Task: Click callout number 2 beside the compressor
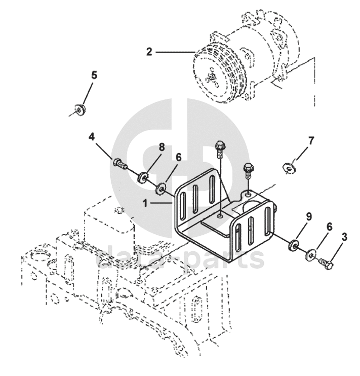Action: click(149, 51)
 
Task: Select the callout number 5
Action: click(94, 75)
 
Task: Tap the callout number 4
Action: click(91, 136)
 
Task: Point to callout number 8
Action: click(162, 147)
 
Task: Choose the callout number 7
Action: click(311, 139)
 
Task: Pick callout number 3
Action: click(344, 236)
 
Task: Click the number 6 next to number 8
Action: click(178, 158)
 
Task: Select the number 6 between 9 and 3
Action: click(330, 227)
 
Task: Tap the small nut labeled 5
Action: click(78, 108)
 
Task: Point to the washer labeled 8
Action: click(143, 177)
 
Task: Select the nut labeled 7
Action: click(289, 167)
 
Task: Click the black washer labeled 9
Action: click(292, 245)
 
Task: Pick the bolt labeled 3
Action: click(326, 264)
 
